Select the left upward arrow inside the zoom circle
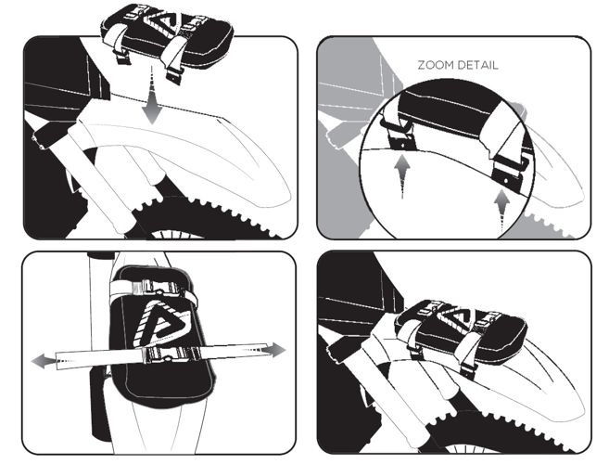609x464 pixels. [x=402, y=176]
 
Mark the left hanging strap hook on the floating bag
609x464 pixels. [x=121, y=56]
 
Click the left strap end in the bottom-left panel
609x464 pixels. [x=57, y=361]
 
